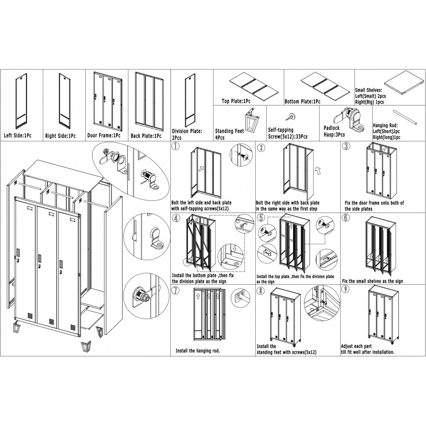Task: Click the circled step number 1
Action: click(x=176, y=147)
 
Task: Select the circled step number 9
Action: click(x=345, y=289)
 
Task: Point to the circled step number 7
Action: click(x=176, y=290)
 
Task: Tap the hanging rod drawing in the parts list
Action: click(x=405, y=117)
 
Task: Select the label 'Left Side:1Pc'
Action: click(x=17, y=135)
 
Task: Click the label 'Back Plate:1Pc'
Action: click(x=146, y=135)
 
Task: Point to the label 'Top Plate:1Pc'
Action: click(x=236, y=101)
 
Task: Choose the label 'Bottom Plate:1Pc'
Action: click(x=302, y=102)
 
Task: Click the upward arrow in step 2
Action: click(x=318, y=170)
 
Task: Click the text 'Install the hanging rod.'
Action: click(x=198, y=351)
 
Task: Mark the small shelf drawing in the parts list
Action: click(x=405, y=83)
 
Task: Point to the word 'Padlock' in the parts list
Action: click(x=331, y=128)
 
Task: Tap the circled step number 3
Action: click(x=345, y=146)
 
